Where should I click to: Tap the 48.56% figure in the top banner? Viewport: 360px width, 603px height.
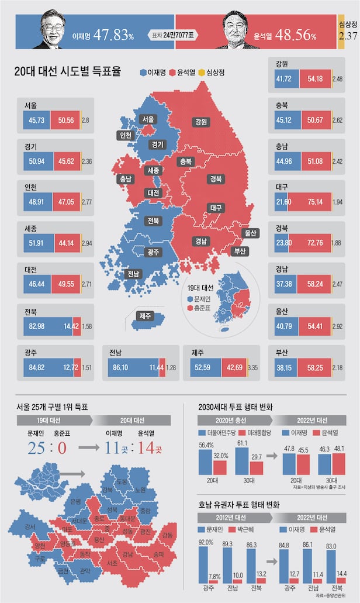tap(295, 36)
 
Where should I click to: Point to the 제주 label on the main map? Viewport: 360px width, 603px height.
tap(146, 316)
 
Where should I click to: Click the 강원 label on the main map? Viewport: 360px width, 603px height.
tap(201, 122)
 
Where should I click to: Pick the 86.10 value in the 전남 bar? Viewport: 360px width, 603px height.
tap(127, 367)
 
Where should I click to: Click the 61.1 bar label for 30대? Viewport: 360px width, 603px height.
tap(241, 443)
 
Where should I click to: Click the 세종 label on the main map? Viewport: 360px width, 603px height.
tap(154, 170)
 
